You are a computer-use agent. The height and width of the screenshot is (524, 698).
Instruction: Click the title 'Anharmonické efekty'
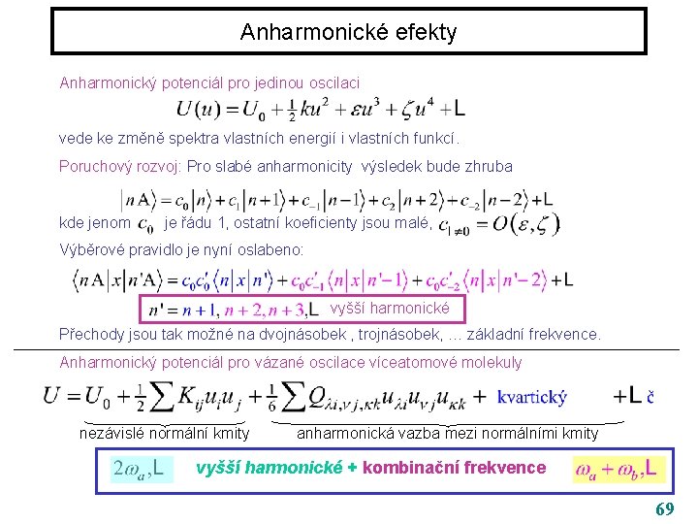point(348,32)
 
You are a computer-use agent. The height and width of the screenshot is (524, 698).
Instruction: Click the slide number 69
point(665,509)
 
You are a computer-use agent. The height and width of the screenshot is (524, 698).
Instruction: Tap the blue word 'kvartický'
point(532,397)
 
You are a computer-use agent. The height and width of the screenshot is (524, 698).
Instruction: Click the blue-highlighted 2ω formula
point(143,471)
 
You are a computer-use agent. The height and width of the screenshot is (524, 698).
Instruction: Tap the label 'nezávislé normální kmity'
point(164,433)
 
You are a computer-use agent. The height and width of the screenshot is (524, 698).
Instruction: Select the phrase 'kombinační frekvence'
point(455,468)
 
